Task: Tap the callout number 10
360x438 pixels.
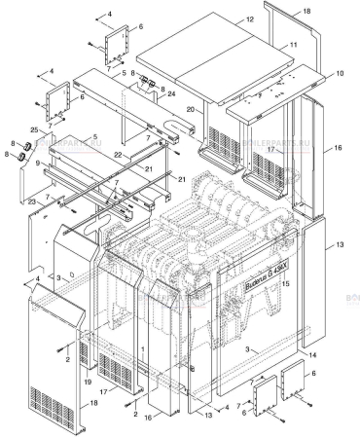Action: (340, 74)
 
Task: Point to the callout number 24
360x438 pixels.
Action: (172, 94)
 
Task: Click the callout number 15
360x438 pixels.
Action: (286, 283)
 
